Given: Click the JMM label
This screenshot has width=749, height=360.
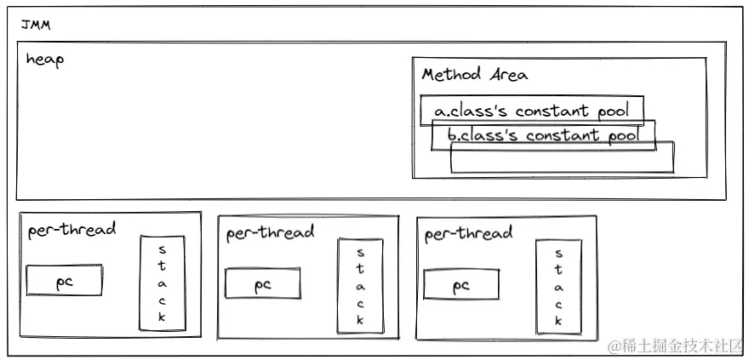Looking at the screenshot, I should (36, 26).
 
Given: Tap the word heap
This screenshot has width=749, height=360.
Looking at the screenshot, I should (45, 60).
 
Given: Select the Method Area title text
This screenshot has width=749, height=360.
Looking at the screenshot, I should (474, 75).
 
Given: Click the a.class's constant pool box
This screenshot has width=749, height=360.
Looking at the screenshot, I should (531, 111).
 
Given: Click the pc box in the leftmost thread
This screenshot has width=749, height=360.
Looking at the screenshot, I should (65, 281).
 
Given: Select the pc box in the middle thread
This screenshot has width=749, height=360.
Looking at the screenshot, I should (263, 284).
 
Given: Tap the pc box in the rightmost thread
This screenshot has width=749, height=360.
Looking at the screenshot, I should (461, 284).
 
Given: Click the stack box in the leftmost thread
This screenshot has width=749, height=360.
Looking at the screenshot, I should (163, 283).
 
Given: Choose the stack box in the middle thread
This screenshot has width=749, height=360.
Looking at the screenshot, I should (360, 286).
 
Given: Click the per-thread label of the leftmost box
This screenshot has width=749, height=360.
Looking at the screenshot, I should (71, 230).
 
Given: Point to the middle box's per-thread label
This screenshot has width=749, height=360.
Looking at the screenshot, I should (270, 232).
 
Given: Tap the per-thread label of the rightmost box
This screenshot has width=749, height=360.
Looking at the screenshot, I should (468, 233).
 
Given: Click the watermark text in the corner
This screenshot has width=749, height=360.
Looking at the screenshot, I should (674, 345).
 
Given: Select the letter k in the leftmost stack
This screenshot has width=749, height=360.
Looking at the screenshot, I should (163, 317).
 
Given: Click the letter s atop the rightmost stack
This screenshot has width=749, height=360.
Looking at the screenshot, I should (558, 254).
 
